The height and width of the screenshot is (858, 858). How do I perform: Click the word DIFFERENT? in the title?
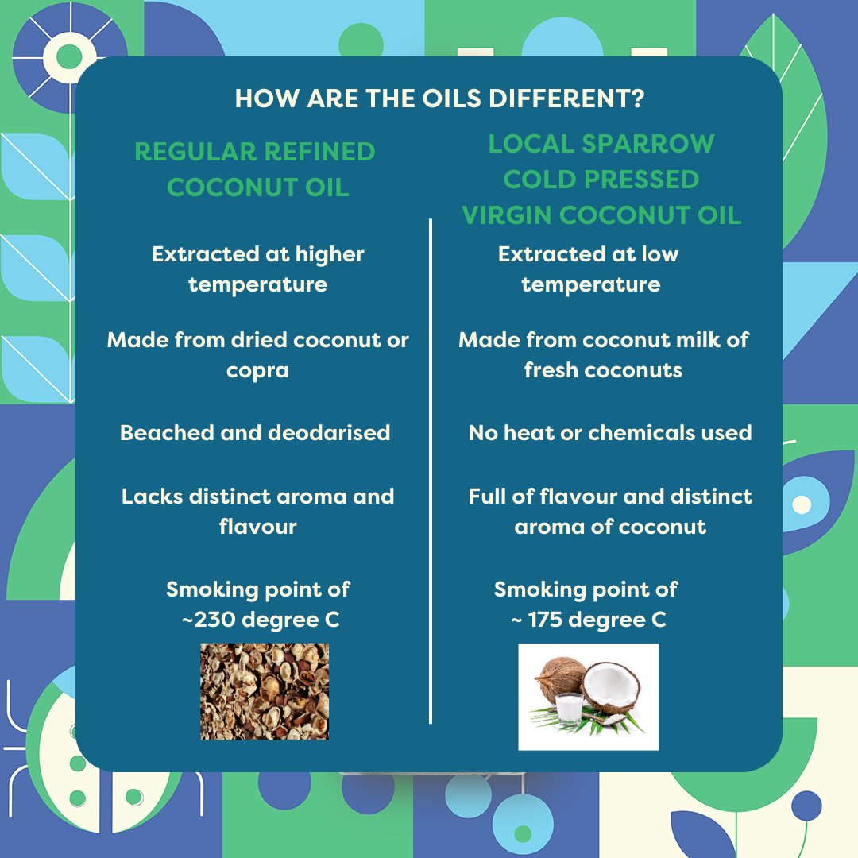point(566,99)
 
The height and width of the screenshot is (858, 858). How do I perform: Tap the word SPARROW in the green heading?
point(648,144)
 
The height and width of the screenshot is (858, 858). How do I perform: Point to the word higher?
point(330,254)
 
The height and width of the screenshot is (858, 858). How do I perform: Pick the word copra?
point(257,371)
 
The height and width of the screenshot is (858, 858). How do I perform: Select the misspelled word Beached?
point(167,433)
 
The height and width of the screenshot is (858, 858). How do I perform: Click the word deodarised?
point(330,433)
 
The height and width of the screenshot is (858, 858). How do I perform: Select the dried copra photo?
point(265,692)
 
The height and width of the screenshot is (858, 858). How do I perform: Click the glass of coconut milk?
point(569,709)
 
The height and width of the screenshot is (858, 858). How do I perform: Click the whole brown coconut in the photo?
point(559,678)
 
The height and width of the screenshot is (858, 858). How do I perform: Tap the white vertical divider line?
point(431,471)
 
